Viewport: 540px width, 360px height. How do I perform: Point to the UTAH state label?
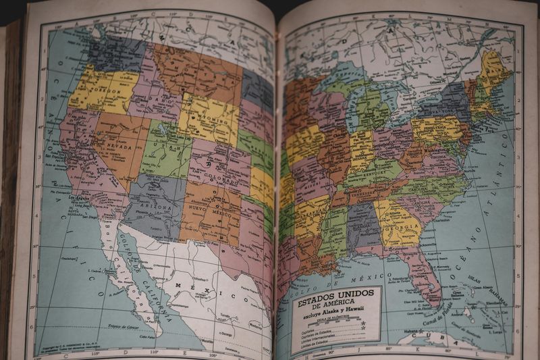click(162, 147)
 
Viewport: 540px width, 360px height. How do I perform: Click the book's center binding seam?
click(277, 182)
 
